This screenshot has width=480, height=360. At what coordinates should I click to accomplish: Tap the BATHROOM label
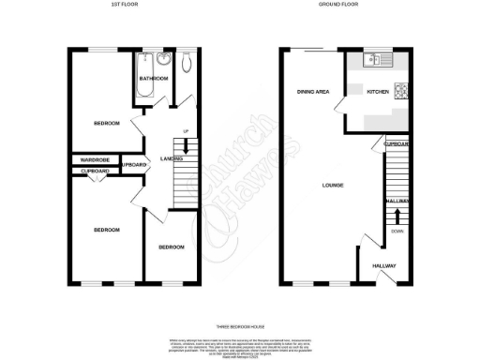point(154,79)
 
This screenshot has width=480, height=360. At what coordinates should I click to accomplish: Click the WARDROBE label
point(96,160)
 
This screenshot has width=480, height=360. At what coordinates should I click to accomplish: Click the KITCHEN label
point(376,92)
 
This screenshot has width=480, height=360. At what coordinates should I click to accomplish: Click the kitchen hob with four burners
point(401,91)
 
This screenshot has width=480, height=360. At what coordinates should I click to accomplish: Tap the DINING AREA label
point(312,92)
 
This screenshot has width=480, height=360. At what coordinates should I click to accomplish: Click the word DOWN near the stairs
point(397,231)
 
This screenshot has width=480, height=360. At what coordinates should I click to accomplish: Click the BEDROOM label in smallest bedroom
point(171,247)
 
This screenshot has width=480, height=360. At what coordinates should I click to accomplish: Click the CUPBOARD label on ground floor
point(397,143)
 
